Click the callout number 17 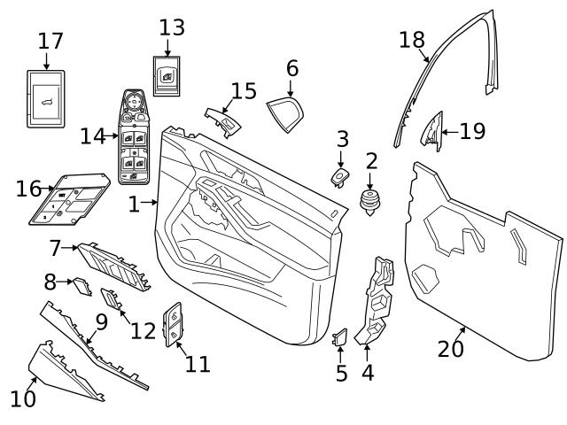(51, 41)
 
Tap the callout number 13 (172, 27)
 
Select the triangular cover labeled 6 (286, 112)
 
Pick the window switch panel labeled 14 (138, 142)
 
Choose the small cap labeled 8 (81, 284)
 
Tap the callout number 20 (451, 349)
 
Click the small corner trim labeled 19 (431, 130)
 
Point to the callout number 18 (412, 40)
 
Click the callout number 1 (134, 205)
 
